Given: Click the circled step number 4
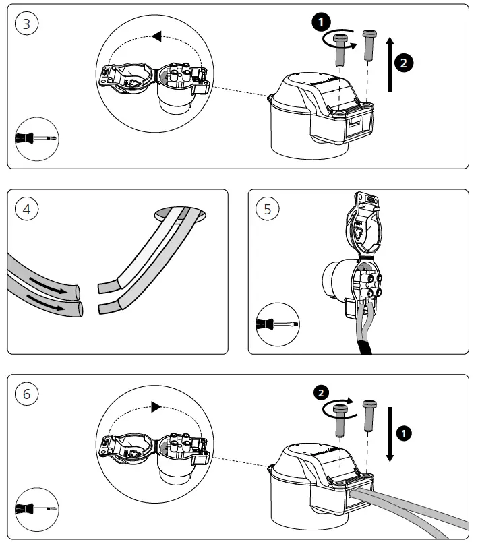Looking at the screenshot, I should [x=26, y=209].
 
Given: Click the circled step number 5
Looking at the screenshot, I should [x=267, y=209].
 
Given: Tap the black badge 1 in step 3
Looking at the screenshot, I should [x=321, y=21].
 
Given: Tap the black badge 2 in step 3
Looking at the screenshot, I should [x=403, y=63].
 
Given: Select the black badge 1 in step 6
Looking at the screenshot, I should [x=404, y=433].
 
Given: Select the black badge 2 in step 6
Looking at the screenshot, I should [x=322, y=392].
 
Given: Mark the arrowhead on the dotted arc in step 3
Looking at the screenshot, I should [x=157, y=36].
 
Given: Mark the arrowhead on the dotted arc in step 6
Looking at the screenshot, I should [x=156, y=406].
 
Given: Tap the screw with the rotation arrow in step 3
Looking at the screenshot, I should [x=341, y=48].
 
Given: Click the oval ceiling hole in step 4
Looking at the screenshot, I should [x=181, y=214].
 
